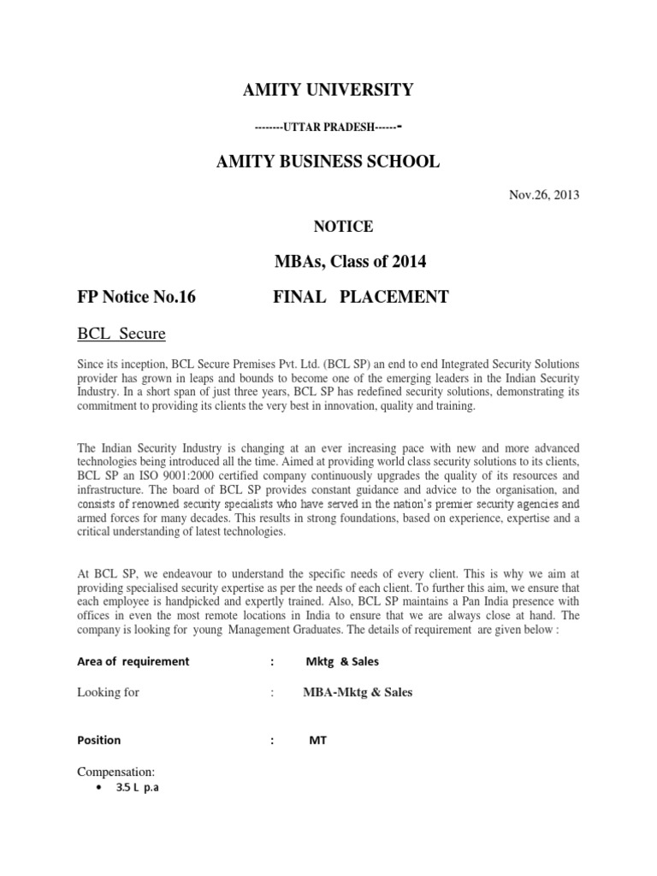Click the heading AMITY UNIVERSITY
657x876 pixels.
click(328, 90)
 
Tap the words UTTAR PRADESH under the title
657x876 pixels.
click(328, 127)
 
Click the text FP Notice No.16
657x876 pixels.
click(137, 297)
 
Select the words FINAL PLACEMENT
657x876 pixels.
click(360, 297)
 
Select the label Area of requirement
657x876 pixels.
click(133, 661)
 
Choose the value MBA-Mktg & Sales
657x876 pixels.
click(358, 692)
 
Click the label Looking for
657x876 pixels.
click(109, 692)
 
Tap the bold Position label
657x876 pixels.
click(99, 740)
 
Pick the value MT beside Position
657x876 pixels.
click(317, 741)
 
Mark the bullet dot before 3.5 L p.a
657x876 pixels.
click(103, 788)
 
